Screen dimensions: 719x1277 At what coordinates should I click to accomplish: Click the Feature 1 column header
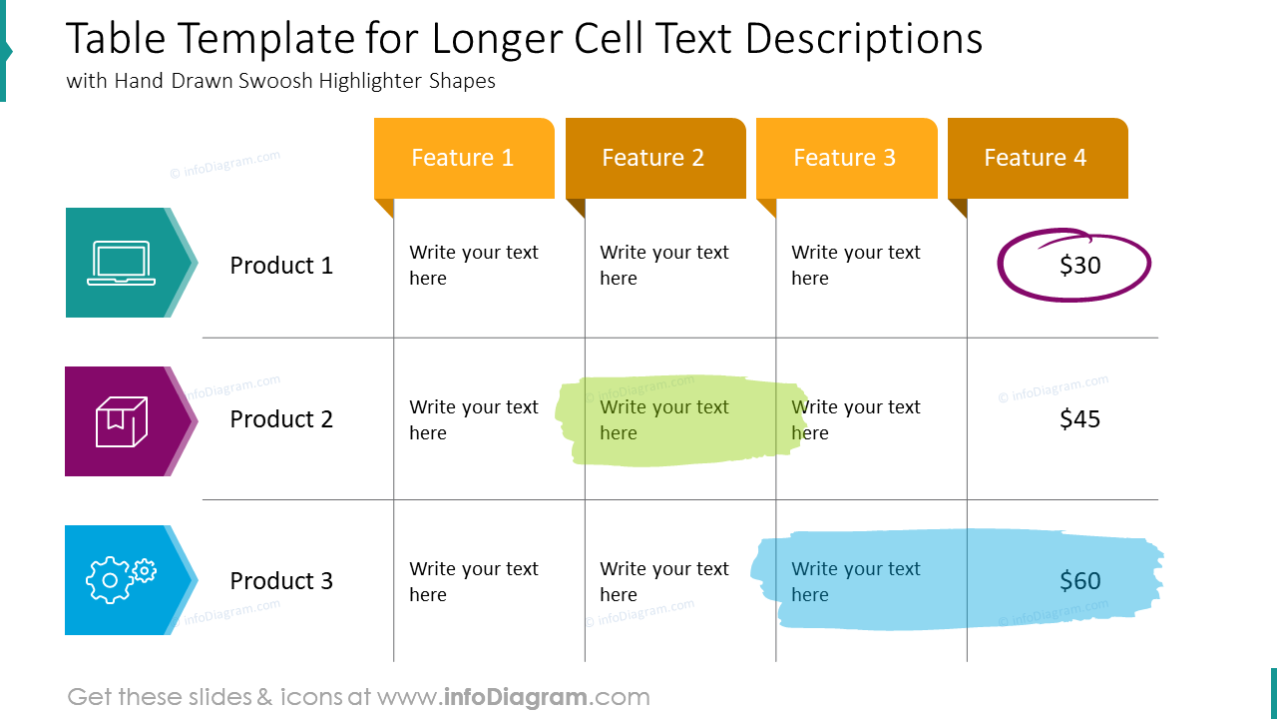pos(463,158)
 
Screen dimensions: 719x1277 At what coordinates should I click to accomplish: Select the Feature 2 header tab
pos(653,158)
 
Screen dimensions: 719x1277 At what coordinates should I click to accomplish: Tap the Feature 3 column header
pos(845,158)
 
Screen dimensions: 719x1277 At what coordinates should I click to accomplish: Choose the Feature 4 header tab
pos(1036,158)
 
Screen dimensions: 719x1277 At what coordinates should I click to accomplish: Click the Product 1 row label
pos(281,266)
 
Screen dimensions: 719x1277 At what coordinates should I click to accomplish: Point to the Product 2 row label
pos(281,419)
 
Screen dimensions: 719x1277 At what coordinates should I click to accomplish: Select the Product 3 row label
pos(281,581)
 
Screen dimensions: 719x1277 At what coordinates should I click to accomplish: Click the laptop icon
pos(121,264)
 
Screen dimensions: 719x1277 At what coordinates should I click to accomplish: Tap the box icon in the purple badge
pos(121,421)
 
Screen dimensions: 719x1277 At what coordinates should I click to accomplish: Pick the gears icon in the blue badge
pos(121,579)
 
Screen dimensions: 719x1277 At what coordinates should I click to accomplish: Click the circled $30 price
pos(1079,266)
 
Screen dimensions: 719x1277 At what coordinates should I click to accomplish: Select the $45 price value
pos(1079,419)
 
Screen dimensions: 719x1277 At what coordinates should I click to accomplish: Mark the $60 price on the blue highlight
pos(1079,581)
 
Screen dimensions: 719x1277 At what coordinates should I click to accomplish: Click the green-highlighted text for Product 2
pos(663,419)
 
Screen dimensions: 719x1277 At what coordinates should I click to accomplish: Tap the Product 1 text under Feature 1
pos(473,266)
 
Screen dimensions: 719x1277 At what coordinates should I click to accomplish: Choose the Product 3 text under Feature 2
pos(663,581)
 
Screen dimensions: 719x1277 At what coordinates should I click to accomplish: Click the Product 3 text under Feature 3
pos(855,581)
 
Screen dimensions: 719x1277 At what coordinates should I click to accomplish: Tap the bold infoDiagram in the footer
pos(515,697)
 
